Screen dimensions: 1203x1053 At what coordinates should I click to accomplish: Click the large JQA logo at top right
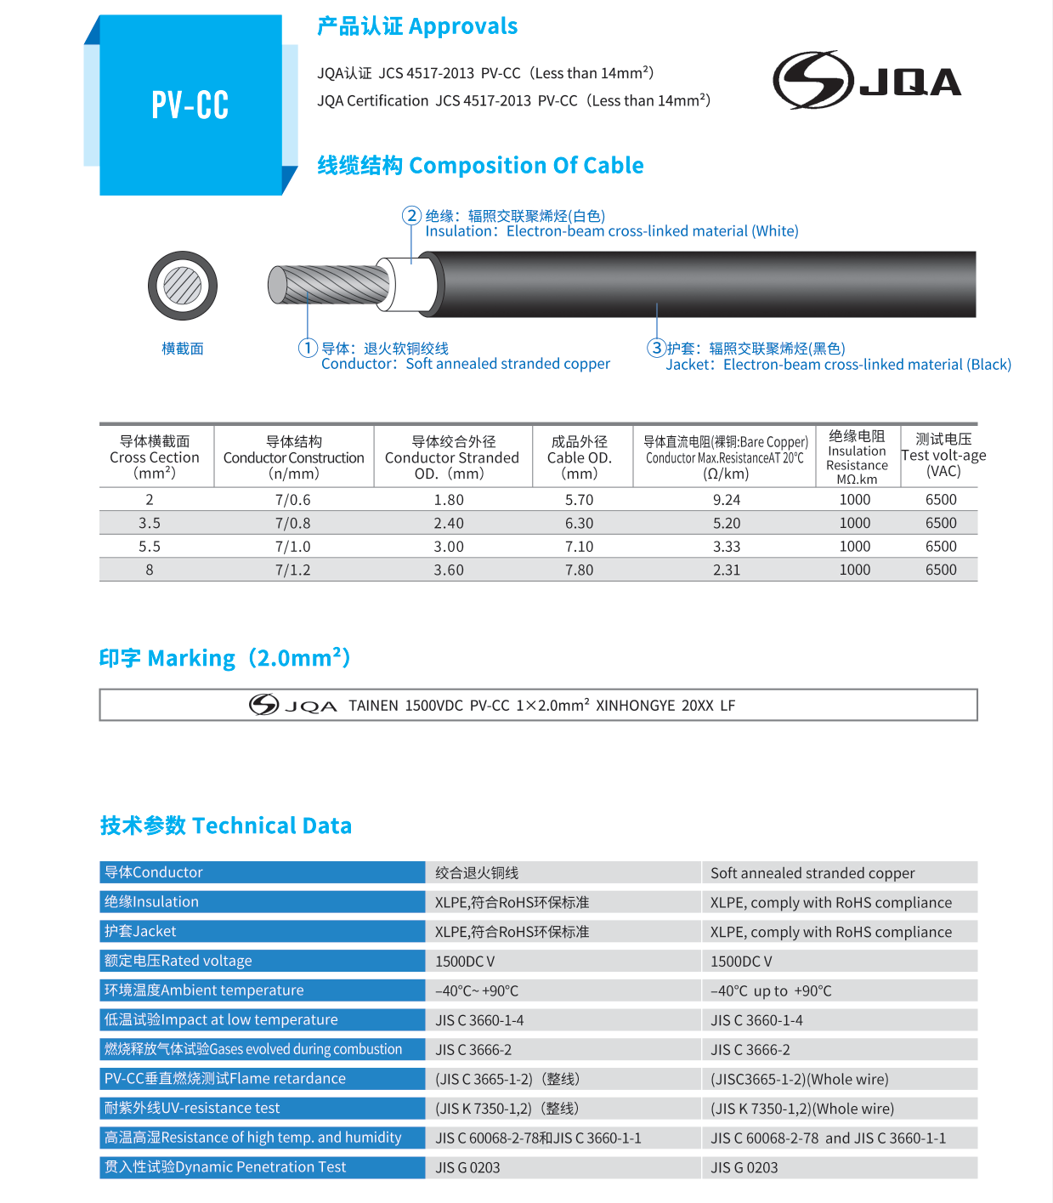coord(867,81)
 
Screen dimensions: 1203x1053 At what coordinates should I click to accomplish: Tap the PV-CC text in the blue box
coord(190,105)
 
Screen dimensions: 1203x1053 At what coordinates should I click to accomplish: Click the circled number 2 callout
coord(411,215)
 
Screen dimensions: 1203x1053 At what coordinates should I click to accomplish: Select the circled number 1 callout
coord(308,348)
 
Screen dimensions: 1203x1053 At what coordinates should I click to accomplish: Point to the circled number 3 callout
coord(656,348)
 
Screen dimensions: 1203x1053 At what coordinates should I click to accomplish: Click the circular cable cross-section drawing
coord(183,286)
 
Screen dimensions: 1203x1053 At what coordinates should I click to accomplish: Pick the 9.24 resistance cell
coord(727,500)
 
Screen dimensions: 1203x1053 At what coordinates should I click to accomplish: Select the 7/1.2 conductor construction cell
coord(293,570)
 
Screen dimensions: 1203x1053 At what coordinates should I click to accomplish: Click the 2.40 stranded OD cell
coord(449,523)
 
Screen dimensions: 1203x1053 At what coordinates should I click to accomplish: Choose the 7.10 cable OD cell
coord(580,547)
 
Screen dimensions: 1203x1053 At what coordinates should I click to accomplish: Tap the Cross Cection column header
coord(155,457)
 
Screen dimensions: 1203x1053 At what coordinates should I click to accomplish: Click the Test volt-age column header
coord(943,455)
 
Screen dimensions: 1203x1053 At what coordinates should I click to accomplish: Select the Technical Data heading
coord(226,826)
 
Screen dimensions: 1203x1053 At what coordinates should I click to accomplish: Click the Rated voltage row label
coord(178,961)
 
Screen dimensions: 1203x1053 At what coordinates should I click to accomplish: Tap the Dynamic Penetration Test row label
coord(225,1167)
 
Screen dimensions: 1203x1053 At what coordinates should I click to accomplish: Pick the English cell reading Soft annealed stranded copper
coord(812,873)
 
